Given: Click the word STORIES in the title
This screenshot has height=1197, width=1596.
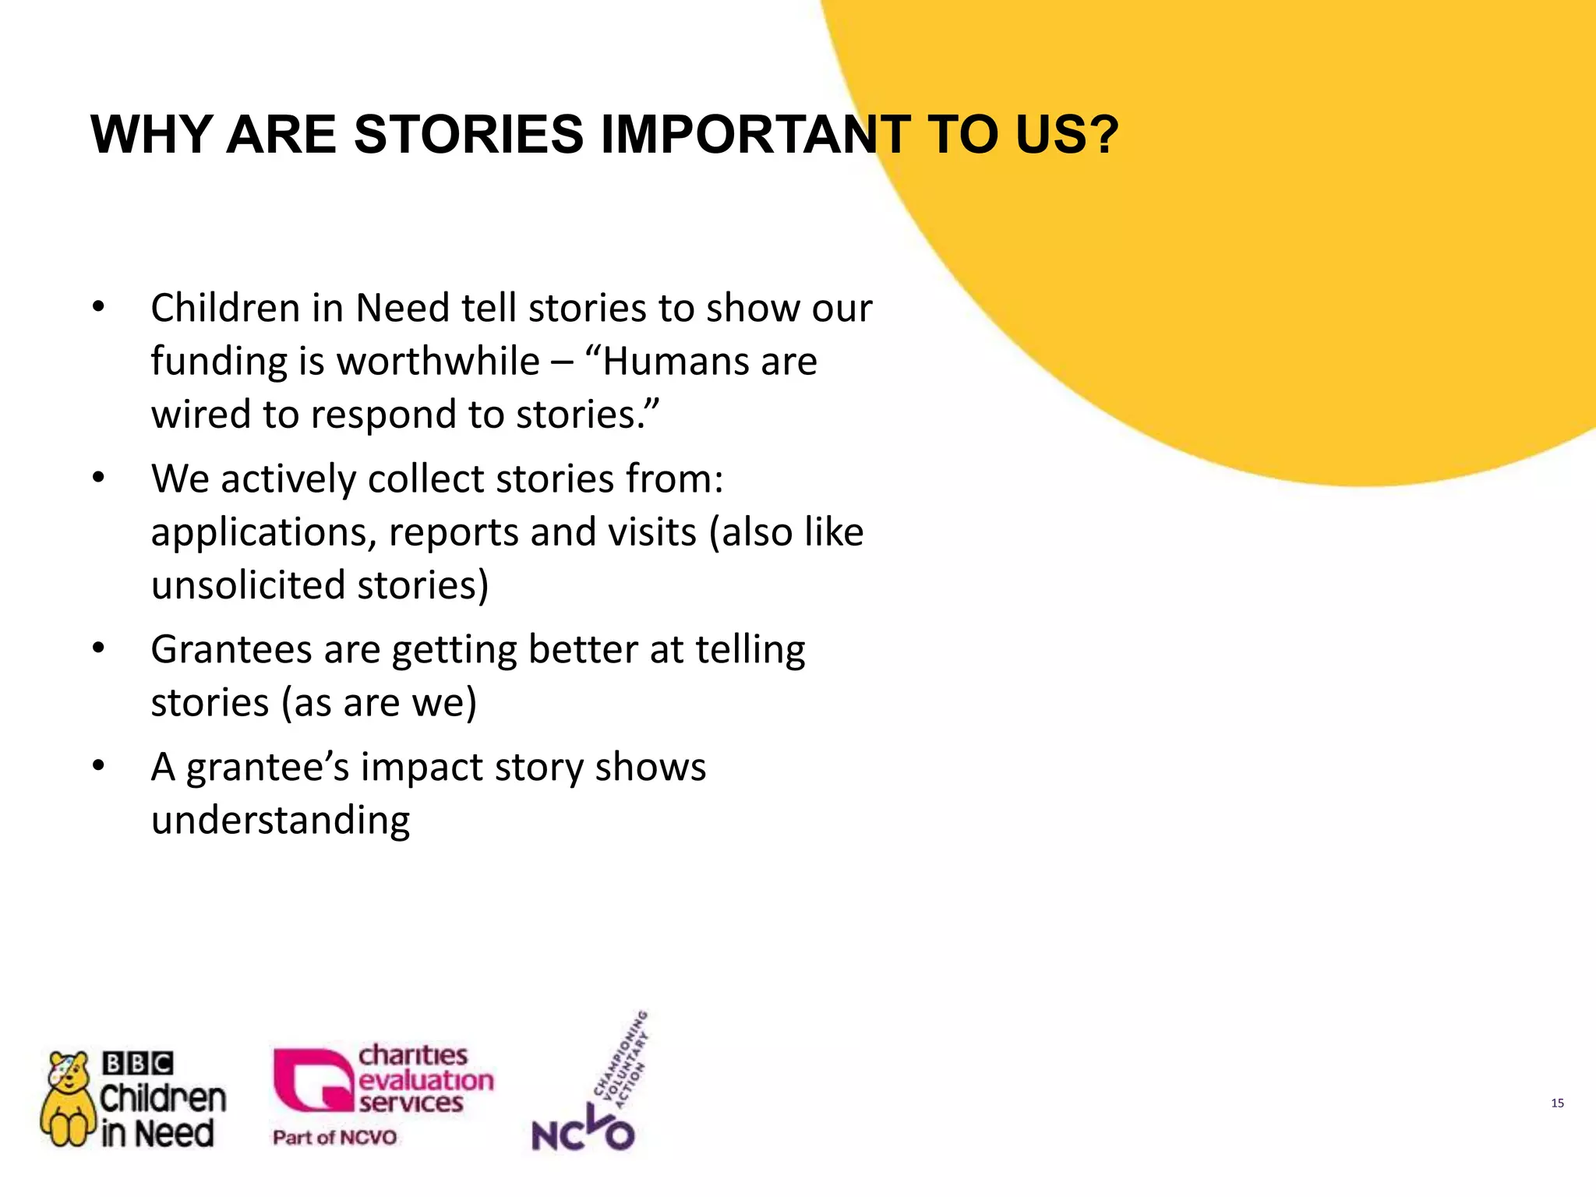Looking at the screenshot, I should point(468,134).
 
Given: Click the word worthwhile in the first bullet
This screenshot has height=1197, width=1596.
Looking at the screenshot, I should point(438,362).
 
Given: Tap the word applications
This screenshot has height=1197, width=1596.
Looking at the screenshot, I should point(263,534).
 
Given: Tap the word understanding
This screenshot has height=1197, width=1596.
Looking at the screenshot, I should point(281,821).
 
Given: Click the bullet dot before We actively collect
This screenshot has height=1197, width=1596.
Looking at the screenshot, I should point(97,478).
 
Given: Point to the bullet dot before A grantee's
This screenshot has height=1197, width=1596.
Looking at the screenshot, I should point(97,767).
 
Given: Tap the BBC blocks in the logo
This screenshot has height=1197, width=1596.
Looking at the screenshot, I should point(137,1063).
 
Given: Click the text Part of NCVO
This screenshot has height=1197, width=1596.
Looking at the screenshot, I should point(334,1138).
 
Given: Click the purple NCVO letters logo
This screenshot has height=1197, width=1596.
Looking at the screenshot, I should point(582,1134).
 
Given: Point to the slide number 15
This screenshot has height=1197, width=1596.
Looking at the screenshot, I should point(1557,1103).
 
